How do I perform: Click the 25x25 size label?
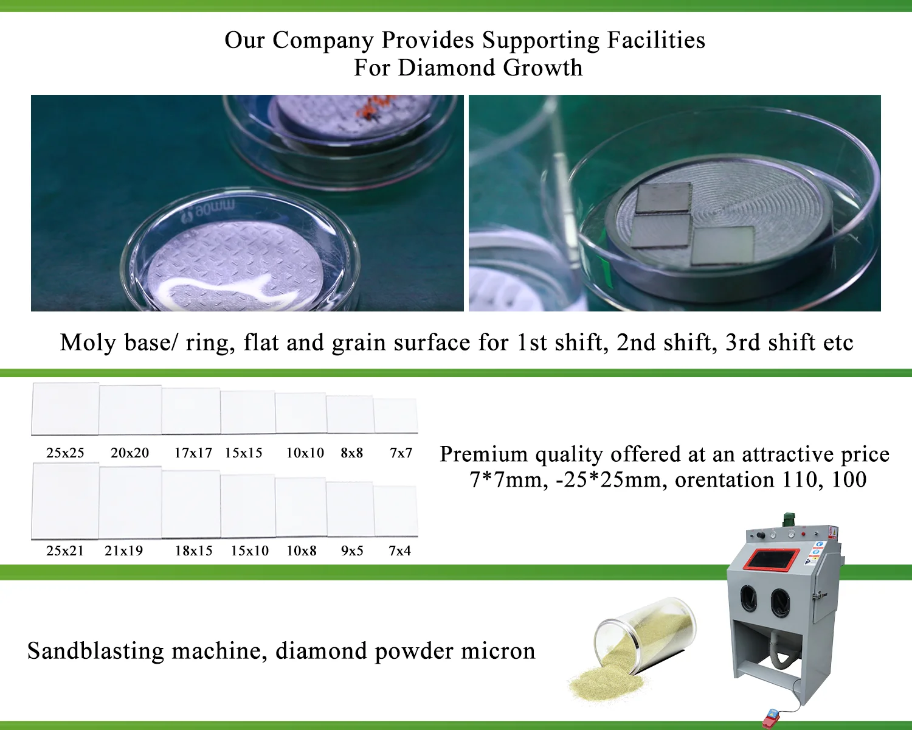[x=65, y=453]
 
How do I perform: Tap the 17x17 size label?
[x=193, y=453]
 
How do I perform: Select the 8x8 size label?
[x=352, y=453]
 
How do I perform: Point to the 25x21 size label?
[x=65, y=551]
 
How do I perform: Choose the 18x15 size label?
[x=194, y=551]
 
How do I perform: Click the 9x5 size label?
[x=352, y=551]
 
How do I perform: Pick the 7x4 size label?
[x=400, y=551]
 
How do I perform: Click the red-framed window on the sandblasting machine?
[x=772, y=558]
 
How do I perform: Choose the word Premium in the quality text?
[x=483, y=454]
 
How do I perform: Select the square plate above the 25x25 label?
[x=65, y=408]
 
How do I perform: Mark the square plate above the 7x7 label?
[x=396, y=415]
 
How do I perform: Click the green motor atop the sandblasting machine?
[x=789, y=520]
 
